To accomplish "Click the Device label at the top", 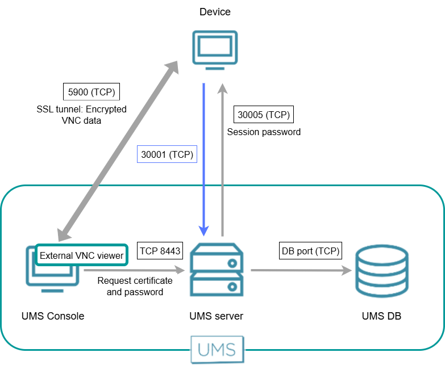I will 215,12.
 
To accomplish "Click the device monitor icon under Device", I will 214,51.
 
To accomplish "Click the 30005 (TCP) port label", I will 264,115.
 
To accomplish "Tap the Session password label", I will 264,132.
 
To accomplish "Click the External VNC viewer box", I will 81,255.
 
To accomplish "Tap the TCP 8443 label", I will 160,250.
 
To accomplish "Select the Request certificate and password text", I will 135,286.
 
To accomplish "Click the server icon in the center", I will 217,270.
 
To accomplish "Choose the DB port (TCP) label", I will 311,250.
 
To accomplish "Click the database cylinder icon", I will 381,270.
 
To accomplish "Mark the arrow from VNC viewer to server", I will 135,271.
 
